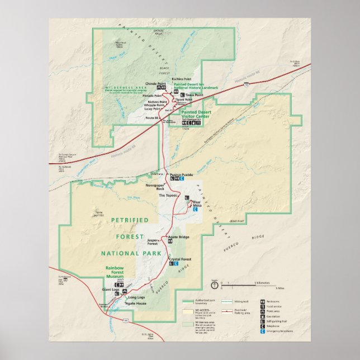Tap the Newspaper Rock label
(x=155, y=186)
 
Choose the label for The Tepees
(x=168, y=195)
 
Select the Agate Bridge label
(x=179, y=237)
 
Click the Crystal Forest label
(x=180, y=259)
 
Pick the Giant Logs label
(x=111, y=290)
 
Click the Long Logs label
(x=136, y=297)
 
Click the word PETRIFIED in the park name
(x=130, y=220)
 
